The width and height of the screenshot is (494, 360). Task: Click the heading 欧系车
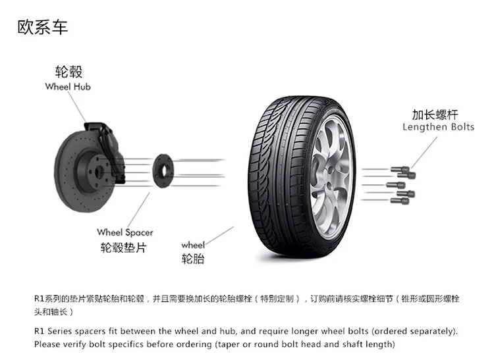(42, 28)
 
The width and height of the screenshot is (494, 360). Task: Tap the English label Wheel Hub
(68, 87)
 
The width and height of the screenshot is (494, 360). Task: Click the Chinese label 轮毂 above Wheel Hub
(69, 72)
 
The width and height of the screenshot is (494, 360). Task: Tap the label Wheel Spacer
(124, 232)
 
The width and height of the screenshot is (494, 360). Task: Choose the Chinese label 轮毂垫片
(123, 247)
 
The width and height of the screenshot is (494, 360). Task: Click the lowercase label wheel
(193, 245)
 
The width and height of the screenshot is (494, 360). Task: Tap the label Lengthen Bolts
(438, 127)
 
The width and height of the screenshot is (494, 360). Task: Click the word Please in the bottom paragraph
(47, 344)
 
